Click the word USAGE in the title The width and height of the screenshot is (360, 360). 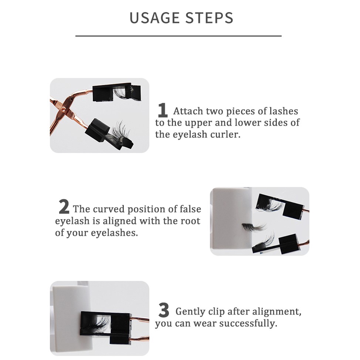click(154, 18)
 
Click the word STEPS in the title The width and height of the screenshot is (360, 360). click(209, 18)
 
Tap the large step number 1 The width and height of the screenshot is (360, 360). click(162, 110)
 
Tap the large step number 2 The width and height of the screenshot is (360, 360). click(64, 206)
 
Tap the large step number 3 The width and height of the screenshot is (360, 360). click(164, 310)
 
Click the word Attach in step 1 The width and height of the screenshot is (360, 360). click(188, 111)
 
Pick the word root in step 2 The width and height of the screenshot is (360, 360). click(191, 221)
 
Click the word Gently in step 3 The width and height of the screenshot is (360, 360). click(190, 312)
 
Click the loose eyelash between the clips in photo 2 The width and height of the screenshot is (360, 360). click(254, 227)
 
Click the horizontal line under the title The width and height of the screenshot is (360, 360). click(179, 36)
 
